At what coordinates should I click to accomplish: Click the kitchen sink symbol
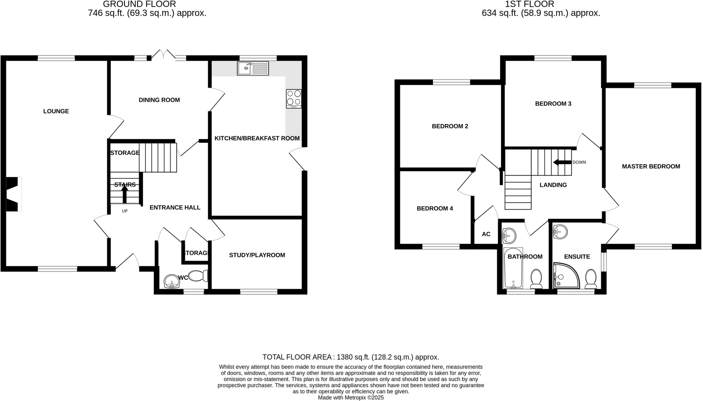253,68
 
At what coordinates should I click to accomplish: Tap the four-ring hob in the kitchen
294,98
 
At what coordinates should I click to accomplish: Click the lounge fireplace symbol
13,194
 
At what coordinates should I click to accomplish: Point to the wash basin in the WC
172,282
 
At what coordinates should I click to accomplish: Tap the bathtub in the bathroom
513,268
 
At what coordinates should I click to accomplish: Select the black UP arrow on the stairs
125,194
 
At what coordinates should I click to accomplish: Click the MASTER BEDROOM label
651,167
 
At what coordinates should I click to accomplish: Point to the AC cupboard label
486,234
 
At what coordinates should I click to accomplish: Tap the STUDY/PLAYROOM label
257,255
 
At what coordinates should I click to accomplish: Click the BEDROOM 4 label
435,208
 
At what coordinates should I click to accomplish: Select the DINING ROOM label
159,100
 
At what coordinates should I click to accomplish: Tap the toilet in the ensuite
591,278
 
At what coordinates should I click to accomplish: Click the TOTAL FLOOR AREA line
350,357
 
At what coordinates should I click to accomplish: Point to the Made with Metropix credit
350,398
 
